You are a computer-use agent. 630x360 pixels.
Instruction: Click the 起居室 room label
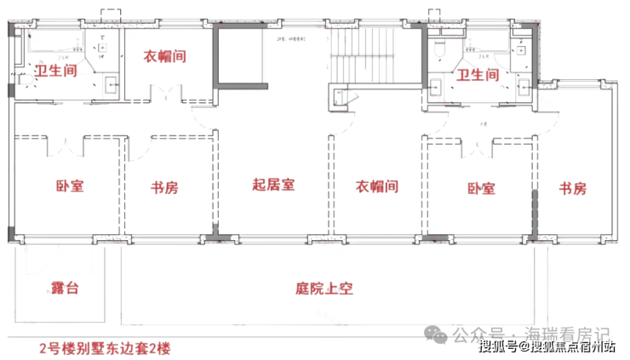point(273,185)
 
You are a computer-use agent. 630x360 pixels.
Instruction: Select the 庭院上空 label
point(324,289)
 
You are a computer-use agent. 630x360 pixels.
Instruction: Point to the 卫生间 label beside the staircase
point(478,76)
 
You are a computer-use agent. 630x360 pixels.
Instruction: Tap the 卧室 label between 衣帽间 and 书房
point(481,188)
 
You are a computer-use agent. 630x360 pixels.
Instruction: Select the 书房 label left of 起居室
point(164,186)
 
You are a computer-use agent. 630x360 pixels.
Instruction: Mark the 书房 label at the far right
point(573,188)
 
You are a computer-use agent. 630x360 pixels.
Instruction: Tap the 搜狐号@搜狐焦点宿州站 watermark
point(546,346)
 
